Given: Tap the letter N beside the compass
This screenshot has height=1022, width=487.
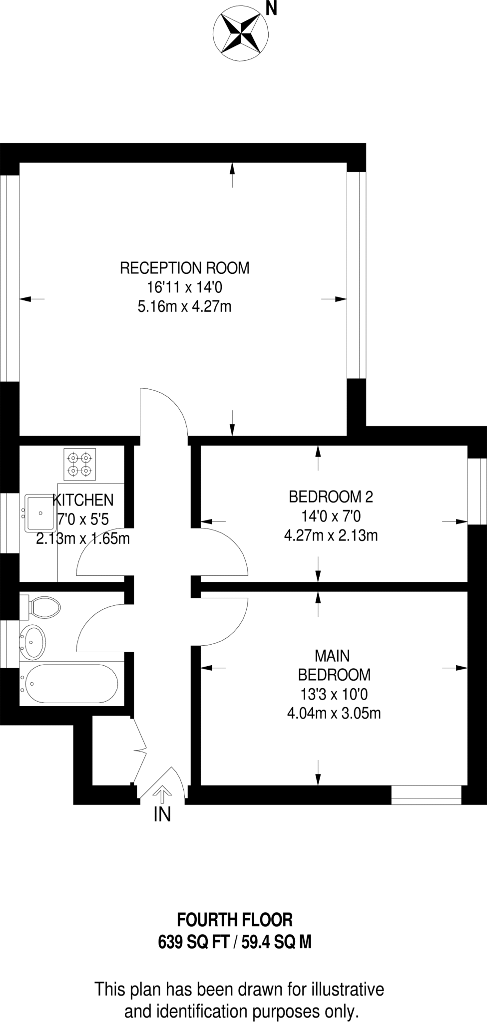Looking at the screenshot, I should (271, 9).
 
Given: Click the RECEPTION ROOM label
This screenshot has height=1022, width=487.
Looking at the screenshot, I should (184, 268).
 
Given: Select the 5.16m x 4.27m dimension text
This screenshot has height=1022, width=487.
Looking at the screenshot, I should (184, 306).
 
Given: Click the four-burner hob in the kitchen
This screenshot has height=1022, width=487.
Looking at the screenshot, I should (80, 464).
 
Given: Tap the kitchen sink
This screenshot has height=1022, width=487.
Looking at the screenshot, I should (41, 512).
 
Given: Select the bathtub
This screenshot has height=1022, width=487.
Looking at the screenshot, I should (71, 684).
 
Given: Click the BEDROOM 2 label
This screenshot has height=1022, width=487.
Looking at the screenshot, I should (331, 497).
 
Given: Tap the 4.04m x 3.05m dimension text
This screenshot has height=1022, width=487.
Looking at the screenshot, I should (334, 713).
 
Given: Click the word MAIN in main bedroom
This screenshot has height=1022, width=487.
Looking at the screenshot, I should (332, 655).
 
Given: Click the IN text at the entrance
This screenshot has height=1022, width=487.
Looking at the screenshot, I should (162, 815).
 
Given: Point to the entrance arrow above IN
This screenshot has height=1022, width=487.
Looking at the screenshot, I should (161, 792).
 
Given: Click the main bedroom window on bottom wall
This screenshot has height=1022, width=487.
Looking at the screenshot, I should (426, 795).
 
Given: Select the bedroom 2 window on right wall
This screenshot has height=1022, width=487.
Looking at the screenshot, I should (477, 492).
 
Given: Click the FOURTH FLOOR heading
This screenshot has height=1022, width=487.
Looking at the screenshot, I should (235, 919).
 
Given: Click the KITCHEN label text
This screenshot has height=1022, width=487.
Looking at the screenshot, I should (83, 500).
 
